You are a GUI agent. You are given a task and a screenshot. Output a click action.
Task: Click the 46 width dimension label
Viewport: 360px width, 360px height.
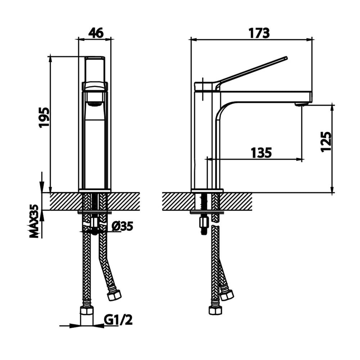click(x=96, y=33)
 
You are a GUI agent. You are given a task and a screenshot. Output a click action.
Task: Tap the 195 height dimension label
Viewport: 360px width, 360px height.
click(x=44, y=117)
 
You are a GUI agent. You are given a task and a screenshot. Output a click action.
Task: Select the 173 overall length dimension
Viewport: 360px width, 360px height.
click(x=260, y=33)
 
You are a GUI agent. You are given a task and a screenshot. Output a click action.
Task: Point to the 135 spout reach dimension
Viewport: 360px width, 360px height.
click(x=261, y=153)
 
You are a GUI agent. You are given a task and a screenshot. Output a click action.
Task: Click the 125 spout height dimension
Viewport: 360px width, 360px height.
click(x=326, y=141)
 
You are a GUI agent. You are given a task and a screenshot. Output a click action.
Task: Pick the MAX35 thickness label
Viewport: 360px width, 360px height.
click(x=35, y=221)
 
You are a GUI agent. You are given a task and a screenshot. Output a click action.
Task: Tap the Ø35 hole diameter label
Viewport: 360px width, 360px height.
click(x=122, y=226)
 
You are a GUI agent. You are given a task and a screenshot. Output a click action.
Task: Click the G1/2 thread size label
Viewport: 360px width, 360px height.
click(x=118, y=320)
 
